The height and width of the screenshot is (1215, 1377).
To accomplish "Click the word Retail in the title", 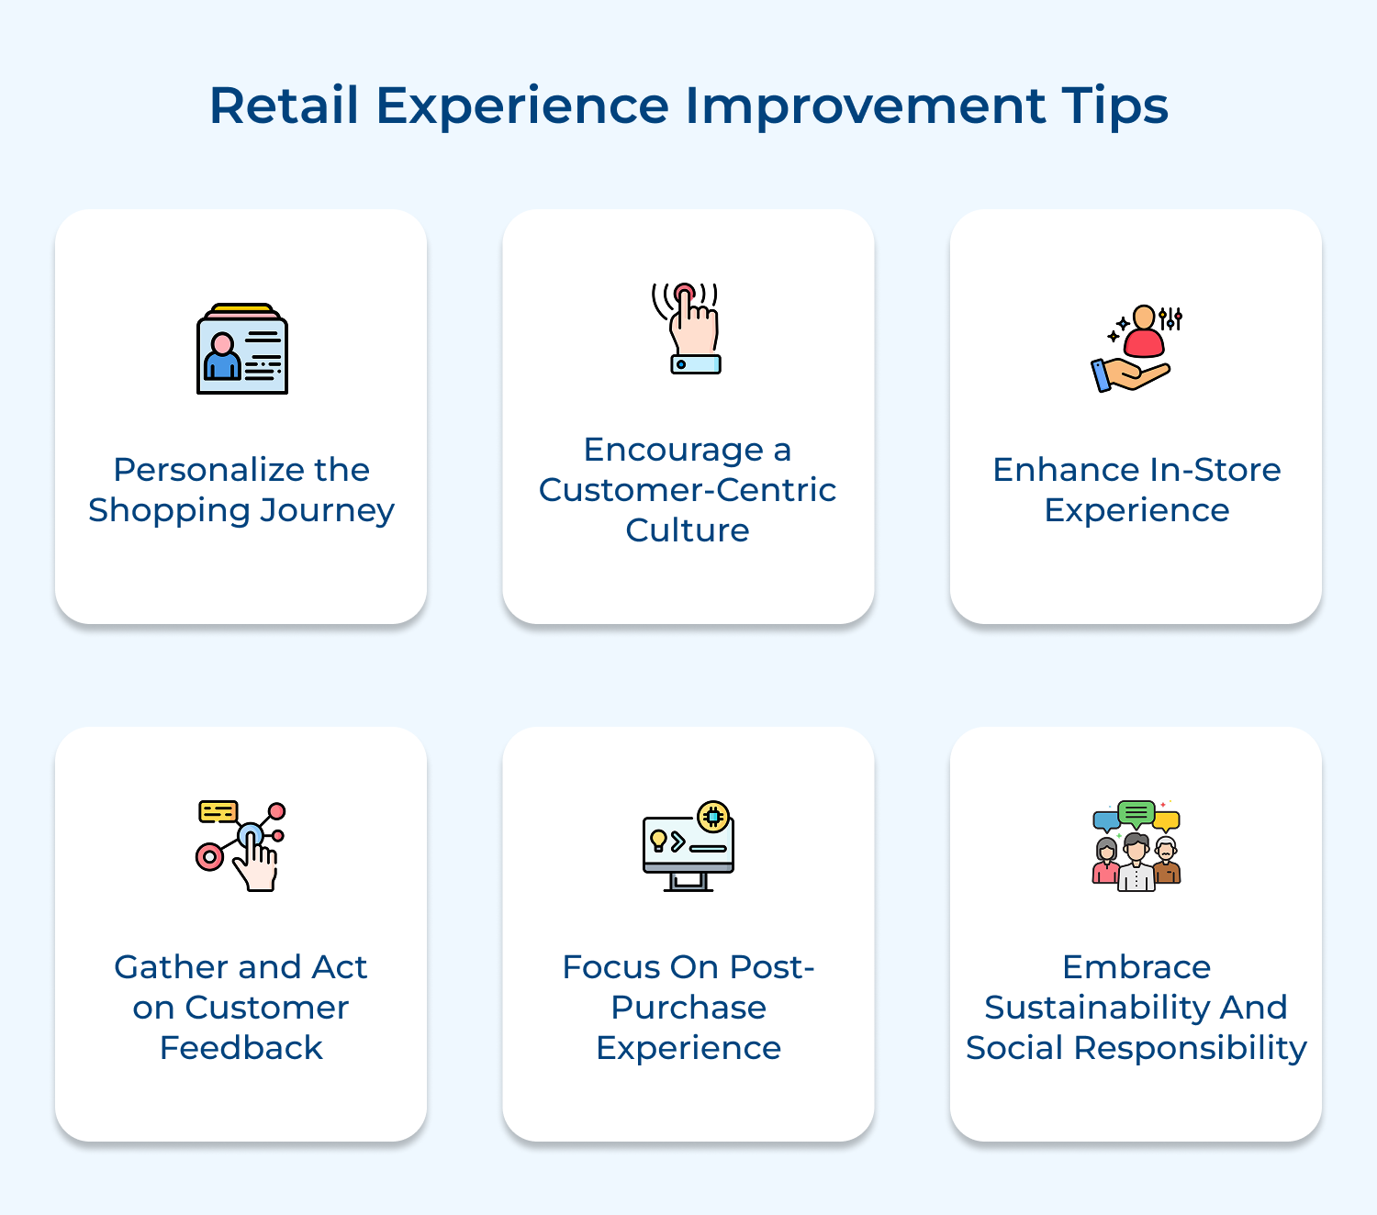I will click(x=284, y=106).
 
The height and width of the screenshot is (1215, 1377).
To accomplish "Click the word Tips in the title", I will click(x=1114, y=106).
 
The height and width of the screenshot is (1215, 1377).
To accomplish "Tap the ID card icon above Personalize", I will click(x=242, y=350).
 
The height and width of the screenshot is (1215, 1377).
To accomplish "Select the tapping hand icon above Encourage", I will click(x=688, y=329).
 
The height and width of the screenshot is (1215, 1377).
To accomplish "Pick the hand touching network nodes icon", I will click(x=241, y=846).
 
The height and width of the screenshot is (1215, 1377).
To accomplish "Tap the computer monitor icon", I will click(x=688, y=847).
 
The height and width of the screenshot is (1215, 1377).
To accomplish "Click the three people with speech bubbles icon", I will click(x=1136, y=844).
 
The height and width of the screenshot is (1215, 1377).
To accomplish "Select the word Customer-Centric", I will click(x=688, y=490).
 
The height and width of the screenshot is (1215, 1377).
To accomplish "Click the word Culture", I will click(x=688, y=530).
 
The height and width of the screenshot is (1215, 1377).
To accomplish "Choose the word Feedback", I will click(x=241, y=1048).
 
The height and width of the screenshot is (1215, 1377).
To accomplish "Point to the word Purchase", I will click(x=688, y=1008).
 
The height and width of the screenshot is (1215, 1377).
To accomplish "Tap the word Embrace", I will click(x=1136, y=967).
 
